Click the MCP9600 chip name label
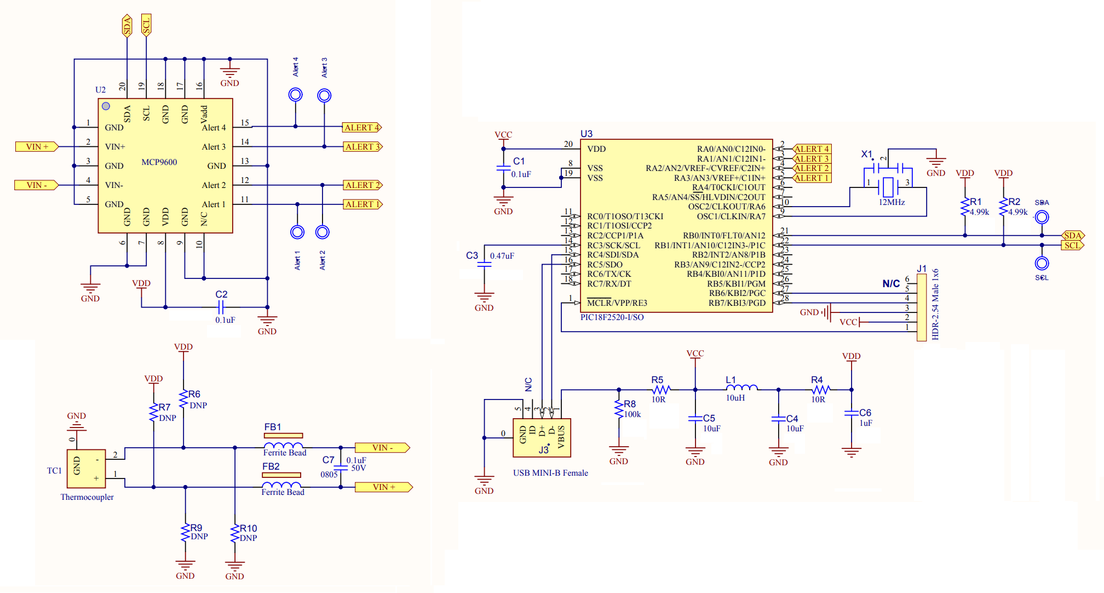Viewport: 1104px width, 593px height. point(159,162)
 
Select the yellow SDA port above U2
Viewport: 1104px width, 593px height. point(127,25)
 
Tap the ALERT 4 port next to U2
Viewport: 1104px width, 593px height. point(361,128)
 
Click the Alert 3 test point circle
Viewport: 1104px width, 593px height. point(324,96)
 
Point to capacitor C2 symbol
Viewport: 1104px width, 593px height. point(221,307)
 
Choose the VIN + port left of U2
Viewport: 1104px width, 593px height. point(37,147)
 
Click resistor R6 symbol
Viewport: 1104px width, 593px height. point(183,399)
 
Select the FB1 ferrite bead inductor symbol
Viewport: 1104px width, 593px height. point(283,446)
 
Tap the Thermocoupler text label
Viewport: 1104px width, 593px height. point(87,497)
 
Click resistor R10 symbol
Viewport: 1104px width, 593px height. point(235,533)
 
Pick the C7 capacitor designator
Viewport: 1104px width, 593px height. point(328,460)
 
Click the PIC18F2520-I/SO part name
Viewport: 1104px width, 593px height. point(612,317)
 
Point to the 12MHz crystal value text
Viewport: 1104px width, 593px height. point(892,202)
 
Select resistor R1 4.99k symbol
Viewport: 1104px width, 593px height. point(965,208)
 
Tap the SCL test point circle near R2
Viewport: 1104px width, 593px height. point(1042,264)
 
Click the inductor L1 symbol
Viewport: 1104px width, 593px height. point(741,388)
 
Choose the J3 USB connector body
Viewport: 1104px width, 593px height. point(542,438)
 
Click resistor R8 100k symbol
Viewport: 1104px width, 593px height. point(619,409)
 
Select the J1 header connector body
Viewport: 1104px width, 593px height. point(922,307)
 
